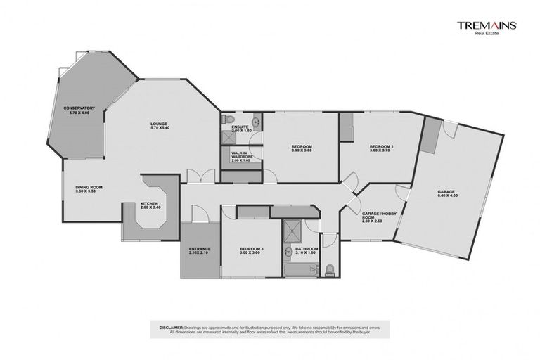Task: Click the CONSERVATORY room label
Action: pyautogui.click(x=79, y=108)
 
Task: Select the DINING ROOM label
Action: pyautogui.click(x=90, y=187)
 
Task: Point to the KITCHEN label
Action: pyautogui.click(x=151, y=205)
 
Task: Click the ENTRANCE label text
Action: pyautogui.click(x=200, y=249)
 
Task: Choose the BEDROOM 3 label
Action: pyautogui.click(x=251, y=249)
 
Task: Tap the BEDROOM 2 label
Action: pyautogui.click(x=381, y=146)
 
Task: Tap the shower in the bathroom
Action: pyautogui.click(x=290, y=229)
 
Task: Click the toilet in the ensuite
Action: pyautogui.click(x=227, y=120)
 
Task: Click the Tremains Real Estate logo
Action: pyautogui.click(x=487, y=27)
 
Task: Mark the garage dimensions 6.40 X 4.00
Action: pyautogui.click(x=446, y=196)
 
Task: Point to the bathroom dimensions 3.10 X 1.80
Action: pyautogui.click(x=307, y=252)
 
